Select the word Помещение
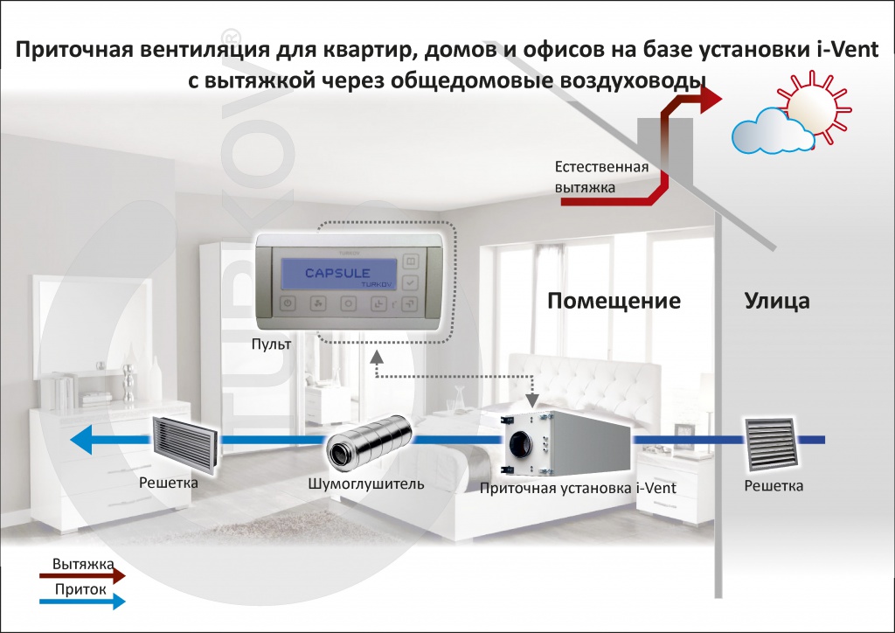(614, 302)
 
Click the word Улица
(777, 302)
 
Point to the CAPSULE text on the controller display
(337, 274)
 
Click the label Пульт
(270, 346)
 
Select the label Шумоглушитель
(366, 483)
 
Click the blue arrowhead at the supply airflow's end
(82, 442)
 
